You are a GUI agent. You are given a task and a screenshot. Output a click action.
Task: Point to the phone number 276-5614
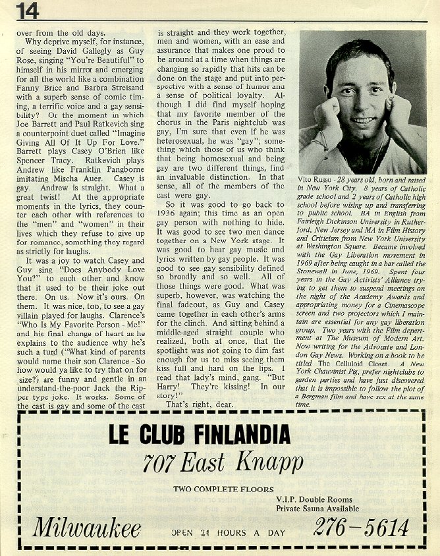[x=360, y=527]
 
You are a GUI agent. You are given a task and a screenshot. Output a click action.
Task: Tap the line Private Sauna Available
[x=317, y=509]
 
